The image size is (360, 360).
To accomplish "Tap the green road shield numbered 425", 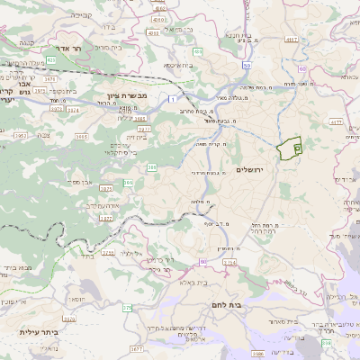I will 51,60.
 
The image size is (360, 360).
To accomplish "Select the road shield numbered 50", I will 301,67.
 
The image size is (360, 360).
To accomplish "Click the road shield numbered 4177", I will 336,120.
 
